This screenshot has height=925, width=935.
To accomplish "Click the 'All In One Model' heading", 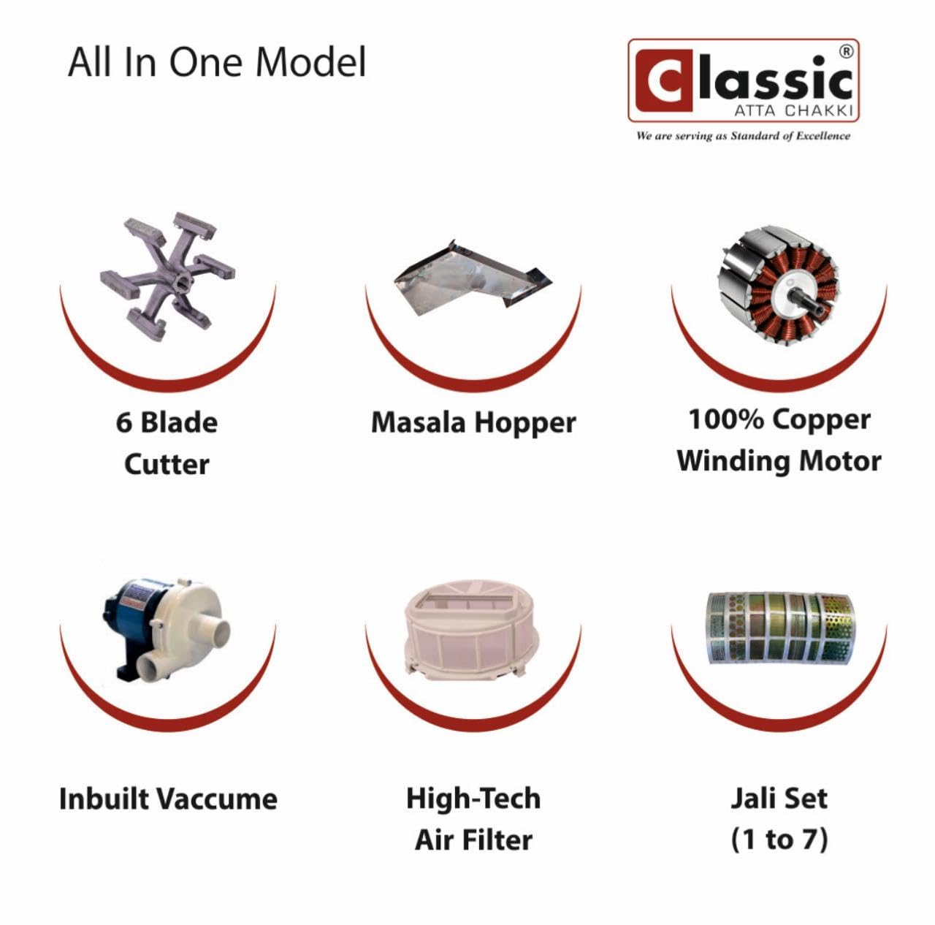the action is click(x=217, y=63).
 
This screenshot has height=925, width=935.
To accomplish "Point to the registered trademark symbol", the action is click(x=845, y=52).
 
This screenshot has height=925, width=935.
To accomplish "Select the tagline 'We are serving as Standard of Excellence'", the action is click(x=743, y=135).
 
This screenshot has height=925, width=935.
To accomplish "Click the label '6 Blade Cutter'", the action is click(x=167, y=443).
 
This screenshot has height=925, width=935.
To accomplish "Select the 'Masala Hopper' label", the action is click(x=473, y=422).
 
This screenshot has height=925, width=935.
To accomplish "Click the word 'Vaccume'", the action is click(x=218, y=799).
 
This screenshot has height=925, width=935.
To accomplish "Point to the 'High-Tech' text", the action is click(x=473, y=799).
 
